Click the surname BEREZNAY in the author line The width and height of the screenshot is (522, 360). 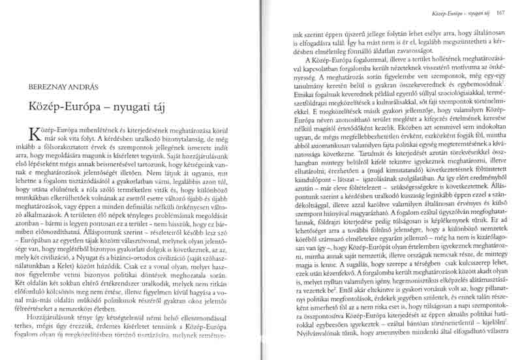point(48,85)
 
